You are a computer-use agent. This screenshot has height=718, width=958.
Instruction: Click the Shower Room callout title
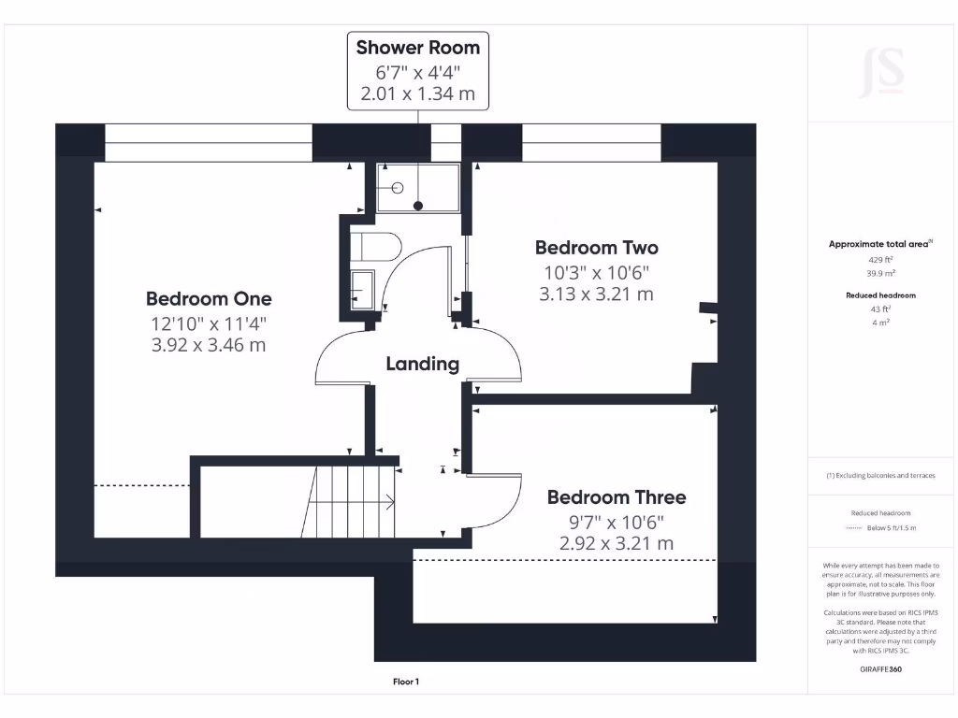(418, 48)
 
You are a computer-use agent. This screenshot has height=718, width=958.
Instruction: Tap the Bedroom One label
(209, 299)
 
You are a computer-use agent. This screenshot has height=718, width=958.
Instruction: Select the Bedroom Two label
(596, 248)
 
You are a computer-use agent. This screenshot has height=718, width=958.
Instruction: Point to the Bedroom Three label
(617, 497)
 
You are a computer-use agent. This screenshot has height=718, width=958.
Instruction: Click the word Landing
(423, 364)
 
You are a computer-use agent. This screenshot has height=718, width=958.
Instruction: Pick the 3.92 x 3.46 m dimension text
(209, 345)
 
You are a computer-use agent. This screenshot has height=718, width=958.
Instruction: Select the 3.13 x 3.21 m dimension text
(596, 294)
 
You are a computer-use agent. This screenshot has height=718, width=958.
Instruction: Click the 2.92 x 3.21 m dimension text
(617, 543)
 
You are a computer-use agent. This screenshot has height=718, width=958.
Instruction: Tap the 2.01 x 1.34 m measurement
(418, 93)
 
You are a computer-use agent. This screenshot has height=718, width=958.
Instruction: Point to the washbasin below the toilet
(362, 290)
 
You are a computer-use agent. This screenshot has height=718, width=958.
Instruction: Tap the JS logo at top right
(881, 72)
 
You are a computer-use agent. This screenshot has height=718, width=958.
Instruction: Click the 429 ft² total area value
(881, 259)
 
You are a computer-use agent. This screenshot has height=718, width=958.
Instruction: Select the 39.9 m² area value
(881, 273)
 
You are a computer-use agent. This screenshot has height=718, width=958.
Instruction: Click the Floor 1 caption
(405, 682)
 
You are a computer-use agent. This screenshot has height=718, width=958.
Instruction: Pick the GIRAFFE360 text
(881, 669)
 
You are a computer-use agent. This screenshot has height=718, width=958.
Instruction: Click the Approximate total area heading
(879, 244)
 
